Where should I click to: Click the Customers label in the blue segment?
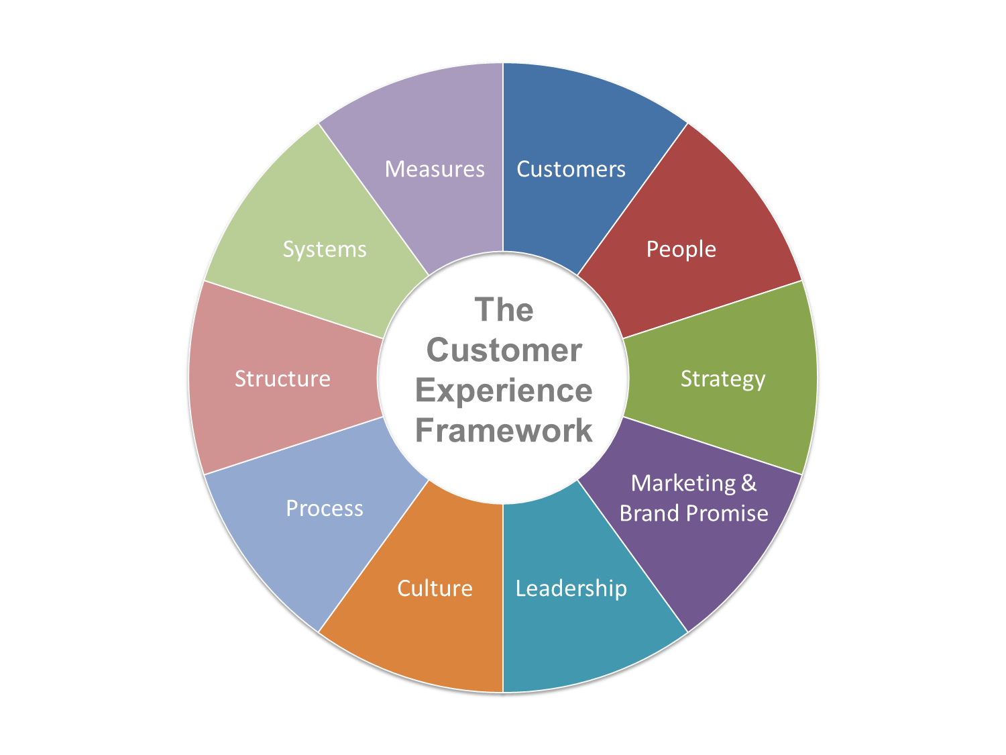click(571, 169)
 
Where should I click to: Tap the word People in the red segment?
click(681, 250)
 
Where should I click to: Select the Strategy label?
click(722, 379)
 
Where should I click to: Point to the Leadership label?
click(571, 589)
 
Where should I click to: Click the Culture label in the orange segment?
click(435, 589)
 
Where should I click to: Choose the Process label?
click(325, 509)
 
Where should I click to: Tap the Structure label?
click(282, 379)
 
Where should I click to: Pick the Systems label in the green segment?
click(325, 250)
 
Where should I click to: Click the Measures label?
click(435, 169)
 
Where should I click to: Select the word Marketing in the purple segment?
click(683, 483)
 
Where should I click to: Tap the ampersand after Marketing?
click(749, 483)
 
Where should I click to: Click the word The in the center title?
click(504, 310)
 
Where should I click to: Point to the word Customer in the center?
click(504, 350)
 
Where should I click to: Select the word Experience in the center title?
click(504, 391)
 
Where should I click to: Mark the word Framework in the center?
click(504, 431)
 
